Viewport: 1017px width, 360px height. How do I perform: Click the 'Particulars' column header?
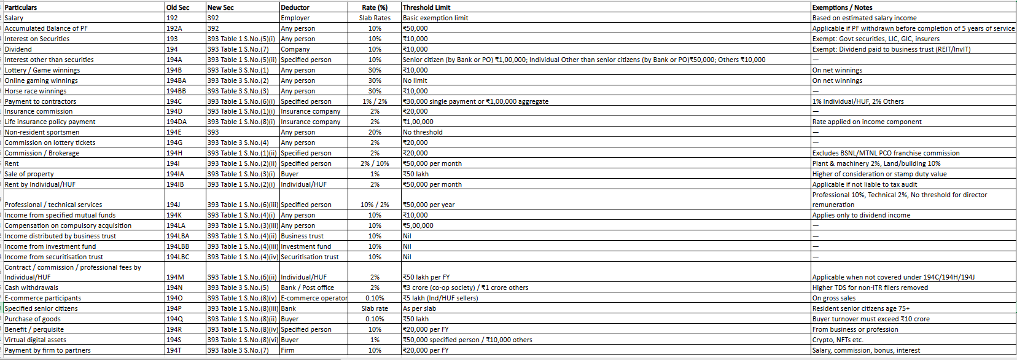(x=21, y=7)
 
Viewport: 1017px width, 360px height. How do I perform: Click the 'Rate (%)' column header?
(x=375, y=7)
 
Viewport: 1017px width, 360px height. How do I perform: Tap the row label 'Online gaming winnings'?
(x=41, y=80)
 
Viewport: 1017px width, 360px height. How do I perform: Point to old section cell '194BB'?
(x=176, y=91)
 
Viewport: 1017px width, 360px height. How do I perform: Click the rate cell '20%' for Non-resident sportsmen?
(x=375, y=132)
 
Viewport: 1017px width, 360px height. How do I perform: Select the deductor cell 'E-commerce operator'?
(x=314, y=298)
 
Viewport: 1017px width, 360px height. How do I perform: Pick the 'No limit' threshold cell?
(x=415, y=80)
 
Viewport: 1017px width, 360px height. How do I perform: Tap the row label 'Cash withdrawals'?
(x=31, y=288)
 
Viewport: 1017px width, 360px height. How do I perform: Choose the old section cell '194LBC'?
(x=178, y=257)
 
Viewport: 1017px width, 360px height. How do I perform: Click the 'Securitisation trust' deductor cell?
(x=310, y=257)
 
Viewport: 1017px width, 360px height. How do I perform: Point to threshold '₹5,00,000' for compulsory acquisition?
(x=418, y=225)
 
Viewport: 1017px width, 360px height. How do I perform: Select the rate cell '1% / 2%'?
(x=375, y=101)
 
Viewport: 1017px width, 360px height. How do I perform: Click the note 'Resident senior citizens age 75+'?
(x=861, y=308)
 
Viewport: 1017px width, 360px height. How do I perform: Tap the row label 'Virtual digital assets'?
(x=35, y=340)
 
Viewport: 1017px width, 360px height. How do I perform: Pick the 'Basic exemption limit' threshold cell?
(x=435, y=18)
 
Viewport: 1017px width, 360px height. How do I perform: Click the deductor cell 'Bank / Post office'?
(x=307, y=288)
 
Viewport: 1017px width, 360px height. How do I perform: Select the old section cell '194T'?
(x=174, y=350)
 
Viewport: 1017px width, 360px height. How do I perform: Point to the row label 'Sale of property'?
(x=29, y=174)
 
